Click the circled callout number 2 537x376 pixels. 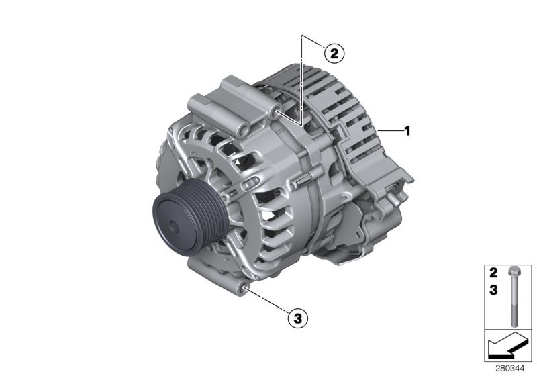[334, 54]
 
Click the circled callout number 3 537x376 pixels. [297, 318]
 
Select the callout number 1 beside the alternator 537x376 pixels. [407, 130]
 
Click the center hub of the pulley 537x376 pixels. [174, 227]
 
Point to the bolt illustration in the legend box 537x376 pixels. [513, 297]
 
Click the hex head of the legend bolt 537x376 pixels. [513, 271]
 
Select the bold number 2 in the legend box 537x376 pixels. [493, 273]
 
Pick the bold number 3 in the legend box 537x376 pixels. [493, 290]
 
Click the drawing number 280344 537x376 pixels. [509, 369]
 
